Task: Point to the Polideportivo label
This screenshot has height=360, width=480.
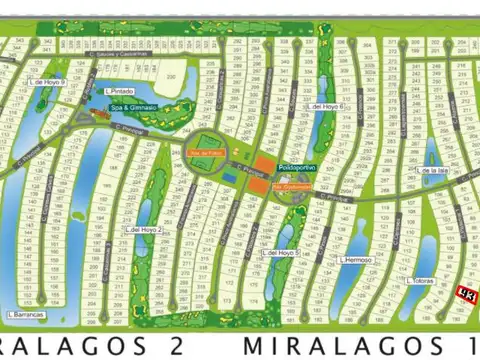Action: (x=297, y=168)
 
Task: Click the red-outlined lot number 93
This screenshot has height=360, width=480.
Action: (x=467, y=293)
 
